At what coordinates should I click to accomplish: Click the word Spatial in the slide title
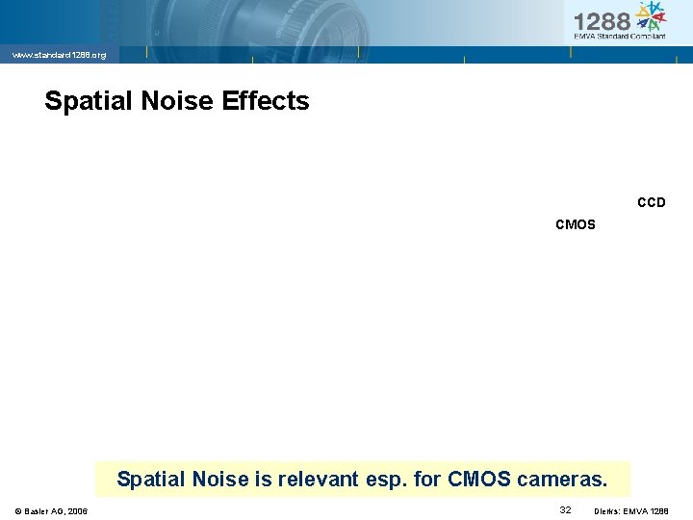pos(84,101)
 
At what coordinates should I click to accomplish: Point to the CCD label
pos(652,203)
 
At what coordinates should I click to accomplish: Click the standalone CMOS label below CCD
pos(576,225)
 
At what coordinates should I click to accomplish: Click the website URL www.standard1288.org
pos(59,56)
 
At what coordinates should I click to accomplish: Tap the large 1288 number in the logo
pos(602,21)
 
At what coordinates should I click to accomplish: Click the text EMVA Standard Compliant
pos(619,37)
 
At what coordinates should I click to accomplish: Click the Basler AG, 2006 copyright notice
pos(52,510)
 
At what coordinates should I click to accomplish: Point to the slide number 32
pos(565,508)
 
